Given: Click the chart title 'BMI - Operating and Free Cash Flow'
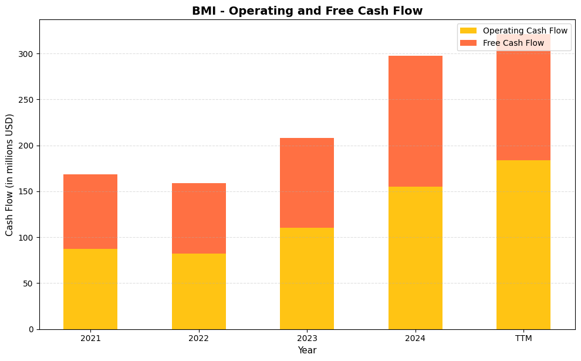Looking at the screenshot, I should click(307, 11).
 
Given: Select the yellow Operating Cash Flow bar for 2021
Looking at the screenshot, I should click(90, 289).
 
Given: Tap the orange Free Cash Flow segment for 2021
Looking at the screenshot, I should click(90, 211).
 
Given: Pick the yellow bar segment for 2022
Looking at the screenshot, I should click(199, 291).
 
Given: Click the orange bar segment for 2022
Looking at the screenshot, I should click(199, 218).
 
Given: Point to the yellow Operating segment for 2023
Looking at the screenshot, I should click(307, 278).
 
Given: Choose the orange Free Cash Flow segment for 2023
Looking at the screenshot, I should click(307, 183).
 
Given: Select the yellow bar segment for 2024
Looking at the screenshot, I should click(416, 258).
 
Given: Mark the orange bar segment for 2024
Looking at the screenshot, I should click(416, 121).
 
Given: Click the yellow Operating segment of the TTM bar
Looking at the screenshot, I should click(523, 244).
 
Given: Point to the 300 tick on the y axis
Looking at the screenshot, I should click(28, 54).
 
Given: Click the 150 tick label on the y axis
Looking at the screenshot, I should click(28, 191).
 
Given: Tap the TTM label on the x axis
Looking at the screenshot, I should click(523, 339).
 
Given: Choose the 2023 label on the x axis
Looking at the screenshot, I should click(307, 339).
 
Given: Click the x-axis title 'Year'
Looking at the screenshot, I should click(307, 350).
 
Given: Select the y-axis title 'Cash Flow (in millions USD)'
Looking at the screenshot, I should click(10, 174).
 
